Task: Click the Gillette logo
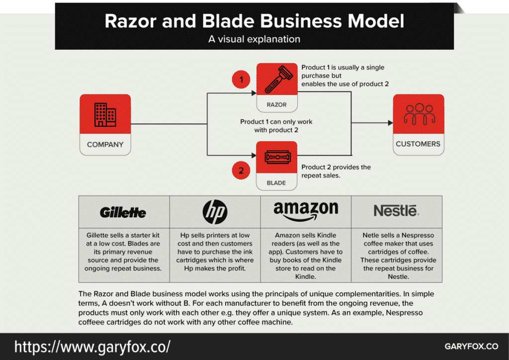point(123,213)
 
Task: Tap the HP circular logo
point(215,212)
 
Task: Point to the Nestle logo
point(397,211)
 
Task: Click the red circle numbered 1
point(241,80)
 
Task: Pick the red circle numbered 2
point(241,171)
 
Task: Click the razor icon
point(276,80)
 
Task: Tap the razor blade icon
point(276,159)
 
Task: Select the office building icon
point(105,115)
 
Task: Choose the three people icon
point(418,114)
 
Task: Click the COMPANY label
point(105,145)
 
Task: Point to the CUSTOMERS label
point(418,144)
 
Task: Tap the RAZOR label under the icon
point(276,105)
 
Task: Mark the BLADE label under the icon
point(276,182)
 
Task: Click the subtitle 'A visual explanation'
point(254,39)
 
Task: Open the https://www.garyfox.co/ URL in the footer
point(92,346)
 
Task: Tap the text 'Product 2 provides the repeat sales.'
point(336,171)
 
